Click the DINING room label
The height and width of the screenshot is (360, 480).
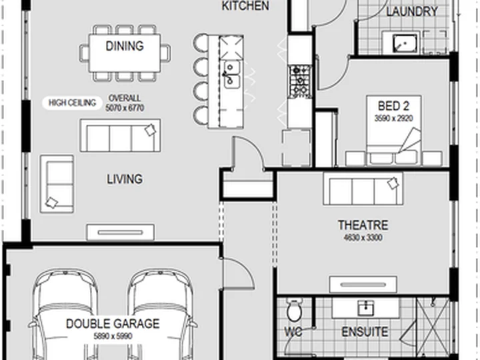click(x=125, y=46)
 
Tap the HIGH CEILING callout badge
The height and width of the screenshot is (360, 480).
click(x=72, y=103)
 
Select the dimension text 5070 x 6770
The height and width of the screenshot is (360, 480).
click(x=125, y=108)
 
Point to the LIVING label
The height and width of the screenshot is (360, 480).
click(x=125, y=179)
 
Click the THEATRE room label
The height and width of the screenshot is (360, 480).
click(x=363, y=225)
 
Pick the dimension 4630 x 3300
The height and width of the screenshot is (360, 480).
click(x=363, y=237)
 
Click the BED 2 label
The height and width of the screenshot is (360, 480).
click(x=394, y=106)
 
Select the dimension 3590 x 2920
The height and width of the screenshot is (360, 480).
click(x=394, y=118)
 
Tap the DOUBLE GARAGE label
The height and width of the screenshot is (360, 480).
click(x=113, y=323)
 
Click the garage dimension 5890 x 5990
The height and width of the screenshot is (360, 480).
click(x=113, y=336)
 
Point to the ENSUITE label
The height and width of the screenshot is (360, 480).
click(x=365, y=332)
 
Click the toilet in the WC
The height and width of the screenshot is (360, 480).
click(x=295, y=310)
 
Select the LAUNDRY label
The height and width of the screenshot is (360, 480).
click(x=412, y=11)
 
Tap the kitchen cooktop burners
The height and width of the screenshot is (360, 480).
click(x=300, y=81)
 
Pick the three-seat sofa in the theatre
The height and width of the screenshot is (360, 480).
click(x=363, y=189)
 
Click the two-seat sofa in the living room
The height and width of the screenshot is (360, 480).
click(x=57, y=184)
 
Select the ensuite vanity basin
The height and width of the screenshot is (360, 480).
click(x=366, y=308)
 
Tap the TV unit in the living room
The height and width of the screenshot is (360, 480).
click(x=120, y=233)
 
